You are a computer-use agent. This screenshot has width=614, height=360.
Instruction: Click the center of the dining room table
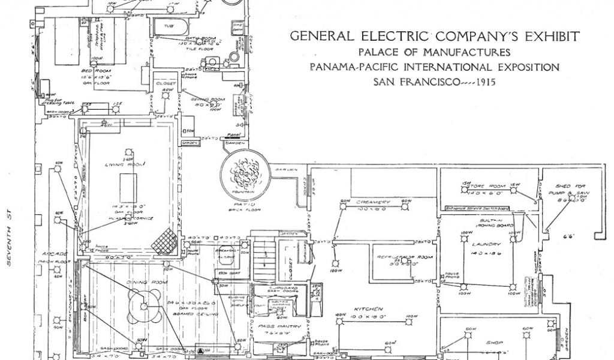[x=144, y=306]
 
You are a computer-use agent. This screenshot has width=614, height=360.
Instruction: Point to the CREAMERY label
[x=373, y=202]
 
